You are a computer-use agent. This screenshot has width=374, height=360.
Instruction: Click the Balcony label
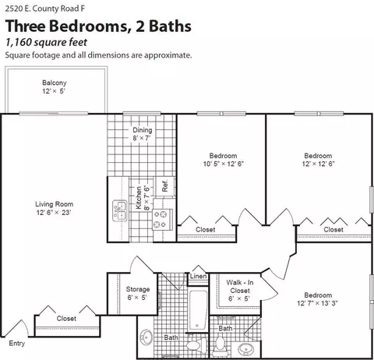[x=55, y=83]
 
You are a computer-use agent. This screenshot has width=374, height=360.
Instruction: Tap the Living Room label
[x=54, y=204]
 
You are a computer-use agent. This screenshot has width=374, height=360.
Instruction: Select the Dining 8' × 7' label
[x=142, y=134]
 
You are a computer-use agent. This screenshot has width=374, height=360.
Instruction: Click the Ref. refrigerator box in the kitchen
[x=164, y=186]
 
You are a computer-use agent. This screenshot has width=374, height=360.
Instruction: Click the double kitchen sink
[x=120, y=210]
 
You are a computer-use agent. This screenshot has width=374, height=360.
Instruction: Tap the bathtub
[x=198, y=310]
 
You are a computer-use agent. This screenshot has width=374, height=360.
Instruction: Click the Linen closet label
[x=199, y=276]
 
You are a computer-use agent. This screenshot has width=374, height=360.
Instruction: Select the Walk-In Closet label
[x=240, y=287]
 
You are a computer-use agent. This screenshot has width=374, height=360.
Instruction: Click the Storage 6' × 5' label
[x=138, y=293]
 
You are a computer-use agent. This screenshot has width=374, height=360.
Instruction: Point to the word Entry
[x=17, y=344]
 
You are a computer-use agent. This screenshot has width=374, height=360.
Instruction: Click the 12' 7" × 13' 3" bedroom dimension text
[x=317, y=303]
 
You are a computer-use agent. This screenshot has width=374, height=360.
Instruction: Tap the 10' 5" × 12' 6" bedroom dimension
[x=224, y=164]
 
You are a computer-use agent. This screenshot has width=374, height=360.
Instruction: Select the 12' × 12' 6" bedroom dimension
[x=318, y=164]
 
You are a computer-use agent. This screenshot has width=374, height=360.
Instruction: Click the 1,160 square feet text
[x=46, y=42]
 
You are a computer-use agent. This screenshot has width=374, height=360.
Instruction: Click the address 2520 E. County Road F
[x=45, y=9]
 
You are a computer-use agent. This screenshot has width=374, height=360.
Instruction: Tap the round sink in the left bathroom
[x=146, y=337]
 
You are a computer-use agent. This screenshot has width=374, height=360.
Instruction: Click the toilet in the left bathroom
[x=196, y=344]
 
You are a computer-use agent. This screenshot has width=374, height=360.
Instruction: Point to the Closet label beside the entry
[x=66, y=319]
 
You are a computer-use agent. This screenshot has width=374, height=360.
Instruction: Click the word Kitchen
[x=139, y=198]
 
